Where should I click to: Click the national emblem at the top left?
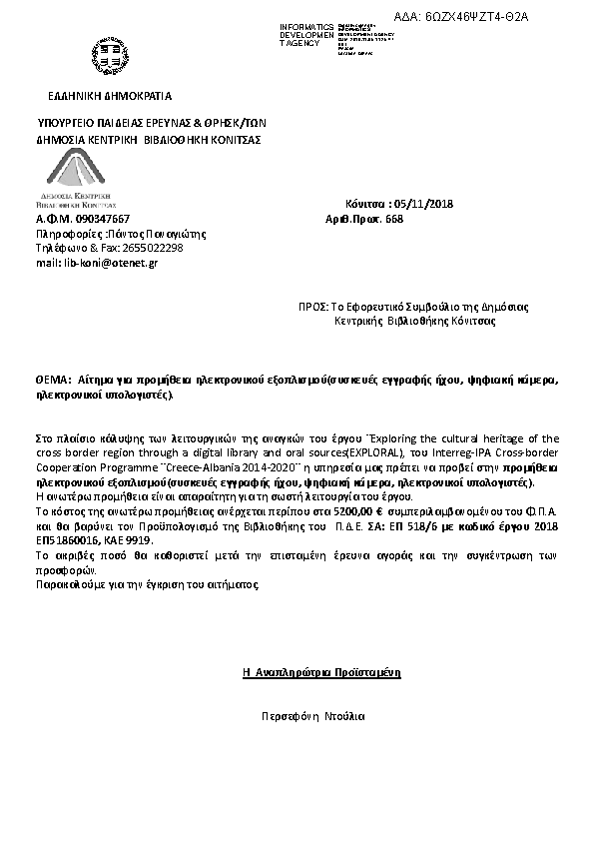click(107, 55)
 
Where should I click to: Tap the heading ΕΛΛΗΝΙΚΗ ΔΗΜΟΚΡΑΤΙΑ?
click(110, 96)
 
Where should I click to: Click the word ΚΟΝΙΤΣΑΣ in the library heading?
click(236, 140)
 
